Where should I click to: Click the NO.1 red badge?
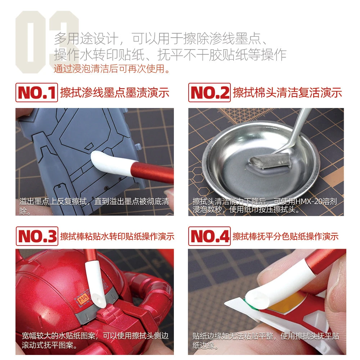point(36,93)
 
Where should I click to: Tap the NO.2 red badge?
point(209,93)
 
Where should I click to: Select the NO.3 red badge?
point(36,236)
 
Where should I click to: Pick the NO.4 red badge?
point(209,236)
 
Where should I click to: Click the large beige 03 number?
point(47,41)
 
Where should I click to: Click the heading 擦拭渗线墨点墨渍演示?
point(114,93)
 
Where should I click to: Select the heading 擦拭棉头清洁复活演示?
point(287,93)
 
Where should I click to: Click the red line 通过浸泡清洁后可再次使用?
point(112,68)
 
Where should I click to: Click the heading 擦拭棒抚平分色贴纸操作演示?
point(285,236)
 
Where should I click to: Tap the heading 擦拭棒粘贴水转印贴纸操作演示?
point(117,236)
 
